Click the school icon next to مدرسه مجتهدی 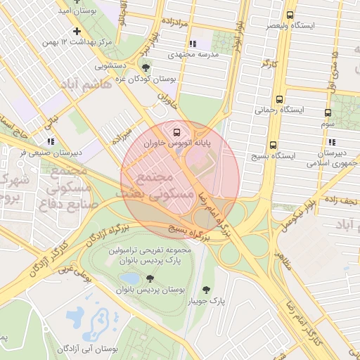click(194, 44)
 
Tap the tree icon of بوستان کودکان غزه click(146, 67)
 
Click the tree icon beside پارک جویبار click(206, 290)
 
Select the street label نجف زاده click(341, 200)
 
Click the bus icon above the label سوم click(328, 112)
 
